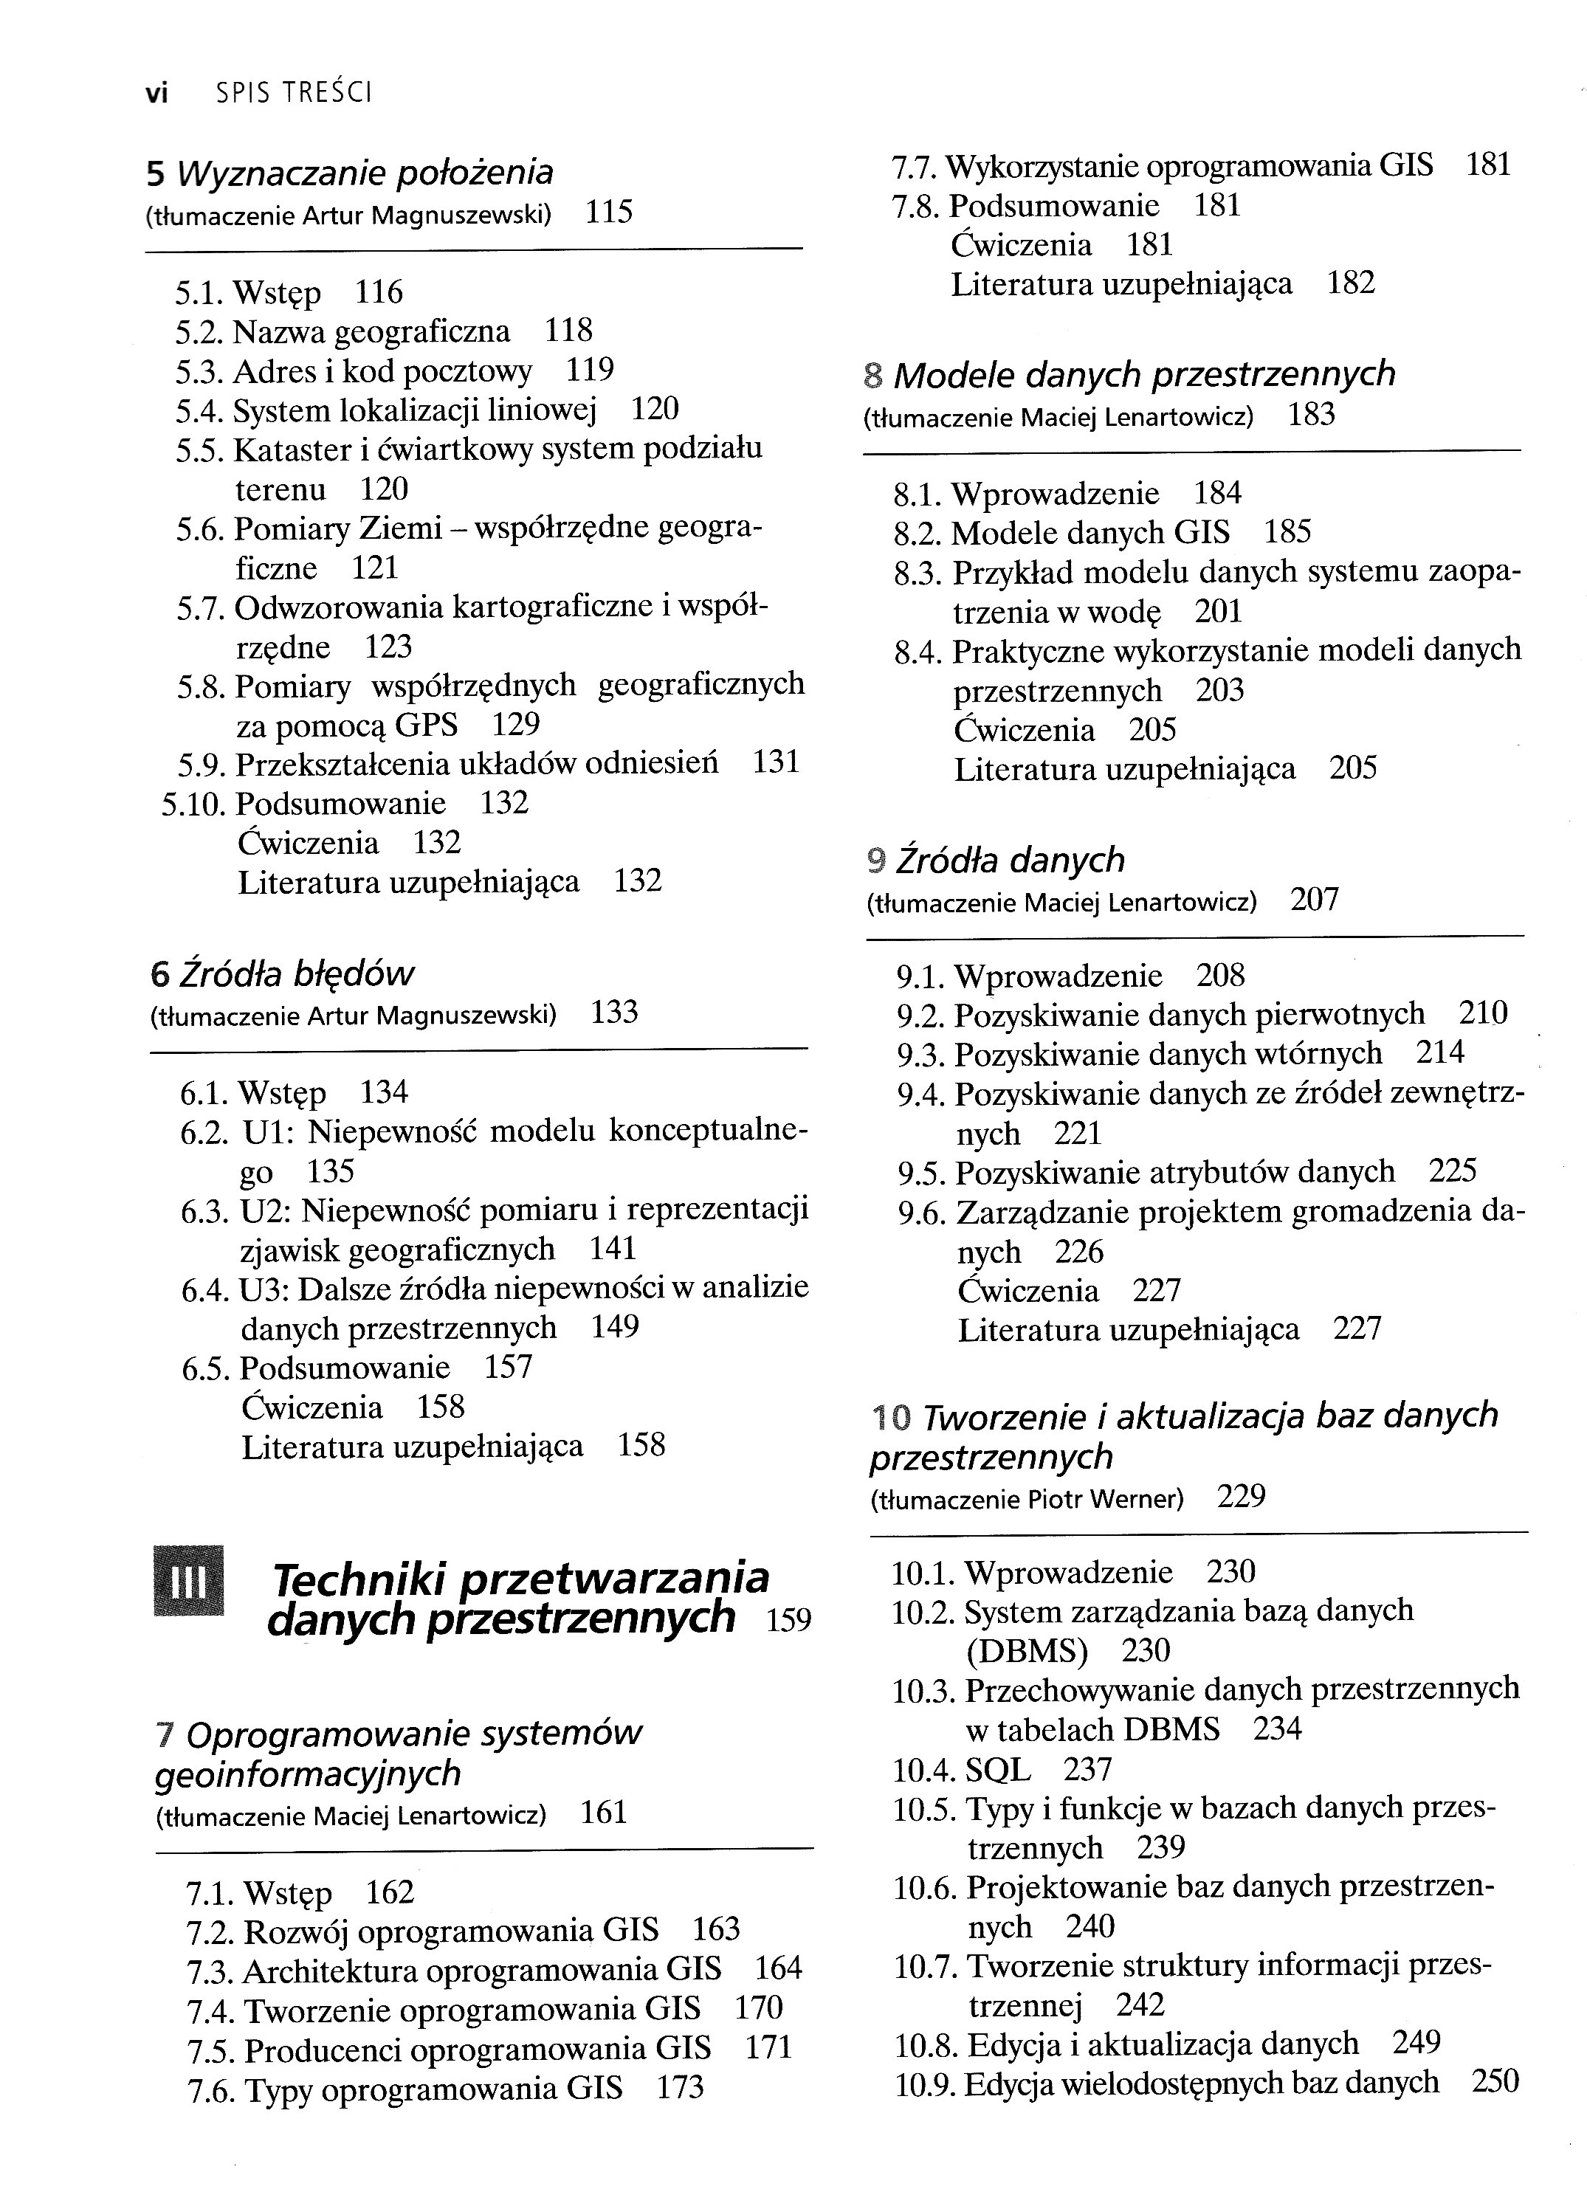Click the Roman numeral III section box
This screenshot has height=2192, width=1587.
[188, 1581]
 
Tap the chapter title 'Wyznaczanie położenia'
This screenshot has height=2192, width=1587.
[365, 173]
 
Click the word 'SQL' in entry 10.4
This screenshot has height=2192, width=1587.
[997, 1768]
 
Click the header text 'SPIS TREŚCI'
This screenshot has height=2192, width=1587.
[294, 93]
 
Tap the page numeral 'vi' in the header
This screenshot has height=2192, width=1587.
[156, 93]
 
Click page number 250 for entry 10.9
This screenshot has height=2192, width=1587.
[1494, 2081]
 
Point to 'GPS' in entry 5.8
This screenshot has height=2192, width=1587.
[426, 725]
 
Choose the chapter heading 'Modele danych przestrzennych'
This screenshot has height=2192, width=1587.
[1144, 374]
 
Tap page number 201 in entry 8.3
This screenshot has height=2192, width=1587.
[1218, 612]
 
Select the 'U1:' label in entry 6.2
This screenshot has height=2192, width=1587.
[266, 1131]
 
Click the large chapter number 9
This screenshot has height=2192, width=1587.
[877, 859]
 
